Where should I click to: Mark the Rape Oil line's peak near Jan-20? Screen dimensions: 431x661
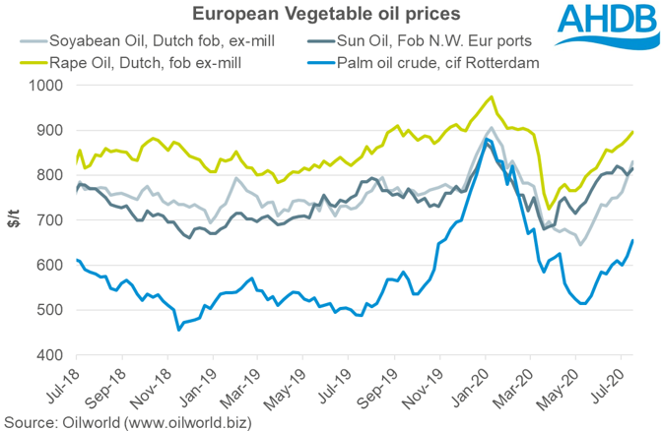pos(492,96)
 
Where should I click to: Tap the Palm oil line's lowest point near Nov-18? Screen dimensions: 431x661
pos(178,330)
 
